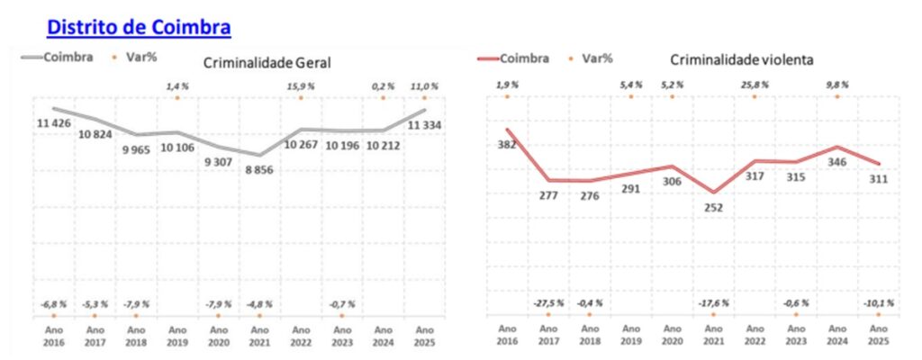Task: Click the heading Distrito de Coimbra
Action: click(139, 28)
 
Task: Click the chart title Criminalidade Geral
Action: click(267, 63)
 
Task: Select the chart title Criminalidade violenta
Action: click(742, 59)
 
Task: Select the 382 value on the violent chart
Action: click(508, 146)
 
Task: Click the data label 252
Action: click(713, 207)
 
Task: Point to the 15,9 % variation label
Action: click(300, 85)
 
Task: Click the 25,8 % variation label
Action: click(755, 85)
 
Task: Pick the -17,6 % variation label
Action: click(713, 303)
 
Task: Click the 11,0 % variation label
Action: click(424, 85)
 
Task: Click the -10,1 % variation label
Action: click(878, 303)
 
